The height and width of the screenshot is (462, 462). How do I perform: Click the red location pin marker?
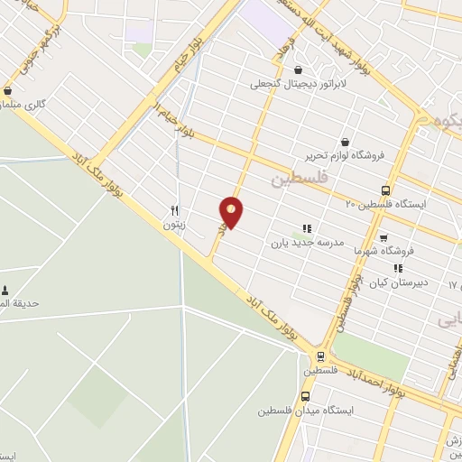coord(232,212)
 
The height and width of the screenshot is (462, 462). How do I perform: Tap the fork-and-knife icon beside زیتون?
coord(175,211)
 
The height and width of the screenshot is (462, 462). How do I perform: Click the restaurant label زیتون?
coord(175,226)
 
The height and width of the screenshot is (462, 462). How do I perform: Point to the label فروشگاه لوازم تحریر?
coord(346,154)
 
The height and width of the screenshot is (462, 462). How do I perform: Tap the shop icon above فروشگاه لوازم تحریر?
coord(346,141)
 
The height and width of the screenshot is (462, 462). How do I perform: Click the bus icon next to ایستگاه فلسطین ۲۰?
coord(386,190)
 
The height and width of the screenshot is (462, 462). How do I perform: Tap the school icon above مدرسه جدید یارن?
coord(306,229)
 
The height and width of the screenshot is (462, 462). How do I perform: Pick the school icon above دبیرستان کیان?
coord(397,268)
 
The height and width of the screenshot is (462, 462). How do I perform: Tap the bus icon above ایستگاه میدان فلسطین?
coord(306,396)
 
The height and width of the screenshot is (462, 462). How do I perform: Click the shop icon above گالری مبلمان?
coord(8,90)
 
